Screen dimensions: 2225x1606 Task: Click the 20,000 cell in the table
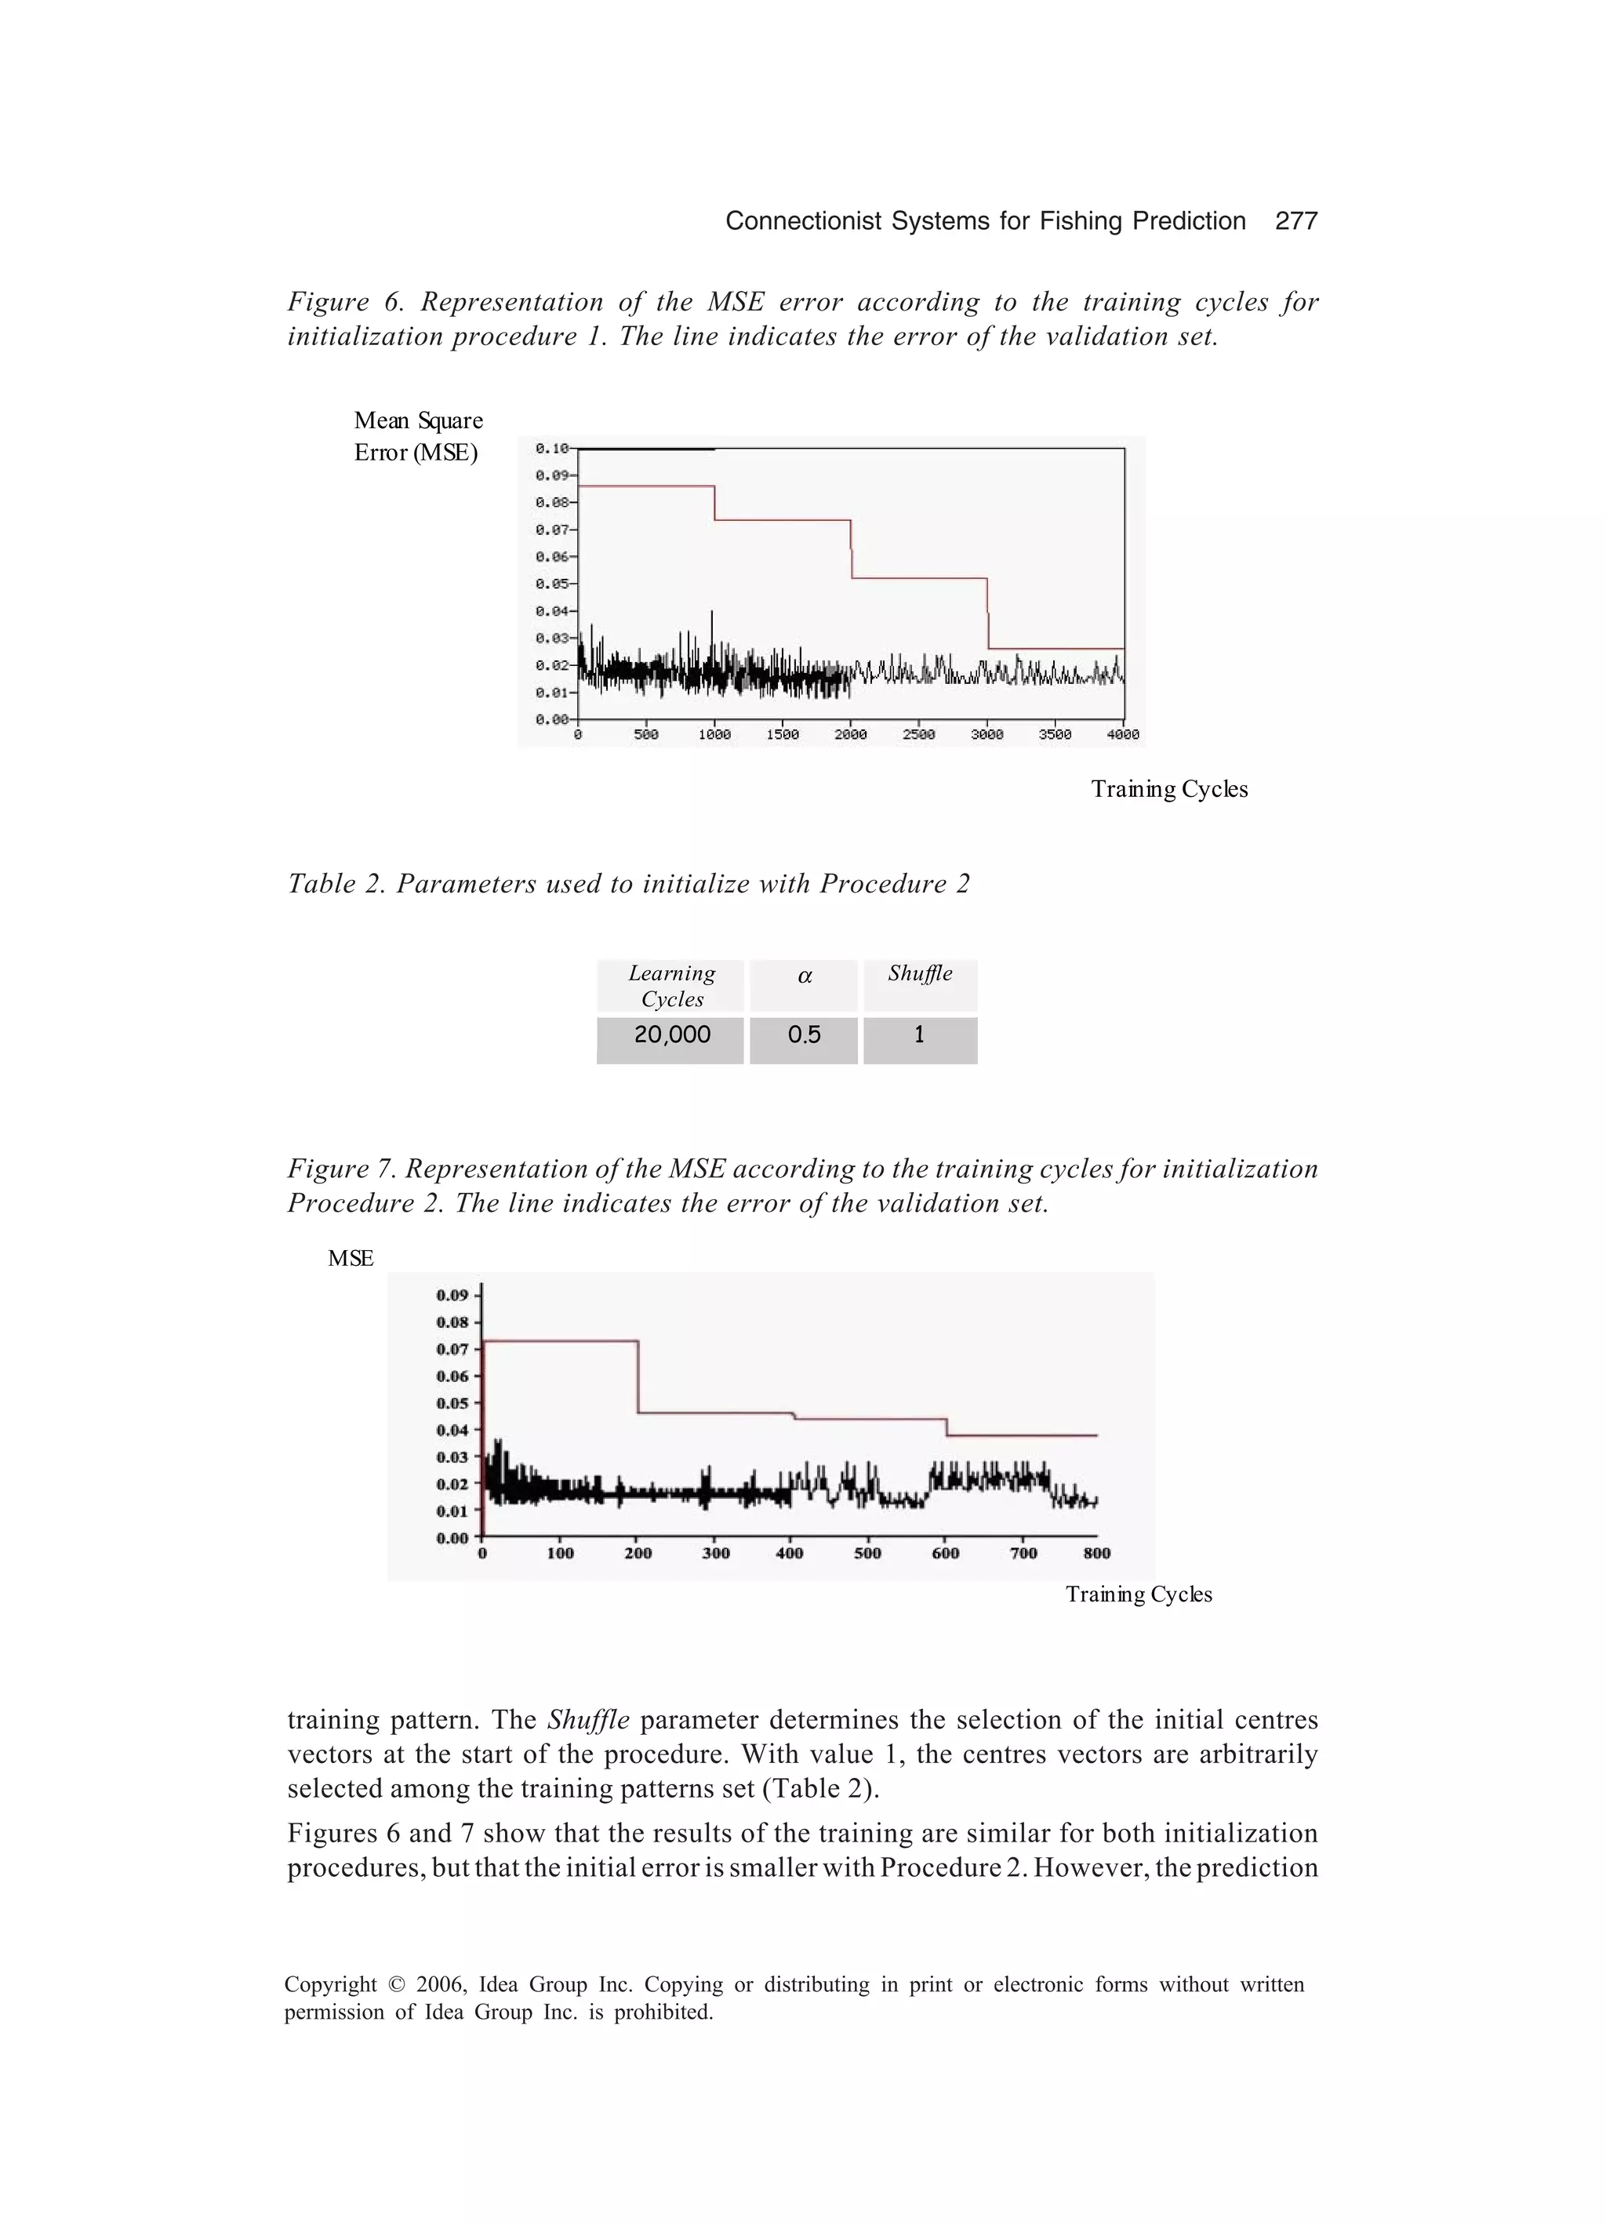pyautogui.click(x=672, y=1035)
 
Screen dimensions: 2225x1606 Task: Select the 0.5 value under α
pyautogui.click(x=804, y=1035)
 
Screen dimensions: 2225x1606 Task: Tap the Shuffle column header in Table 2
pyautogui.click(x=919, y=973)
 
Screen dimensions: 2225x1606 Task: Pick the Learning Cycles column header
pyautogui.click(x=672, y=986)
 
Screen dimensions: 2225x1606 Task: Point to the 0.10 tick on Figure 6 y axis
pyautogui.click(x=551, y=449)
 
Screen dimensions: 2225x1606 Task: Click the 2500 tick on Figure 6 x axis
pyautogui.click(x=918, y=734)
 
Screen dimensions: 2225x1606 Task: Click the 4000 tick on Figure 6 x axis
pyautogui.click(x=1122, y=734)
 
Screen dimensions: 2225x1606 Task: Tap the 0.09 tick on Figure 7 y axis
pyautogui.click(x=452, y=1295)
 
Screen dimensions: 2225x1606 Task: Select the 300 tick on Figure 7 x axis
pyautogui.click(x=715, y=1553)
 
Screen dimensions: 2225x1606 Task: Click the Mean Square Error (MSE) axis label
pyautogui.click(x=418, y=437)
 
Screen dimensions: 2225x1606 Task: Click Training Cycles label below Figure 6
pyautogui.click(x=1168, y=790)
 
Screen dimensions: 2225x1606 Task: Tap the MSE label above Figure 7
pyautogui.click(x=351, y=1259)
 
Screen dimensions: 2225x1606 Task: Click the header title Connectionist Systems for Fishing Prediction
pyautogui.click(x=985, y=220)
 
